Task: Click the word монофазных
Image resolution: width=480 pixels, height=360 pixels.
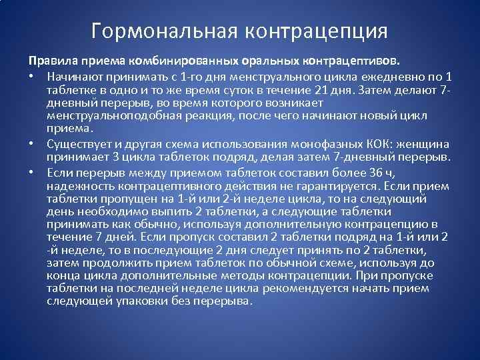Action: pyautogui.click(x=313, y=144)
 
